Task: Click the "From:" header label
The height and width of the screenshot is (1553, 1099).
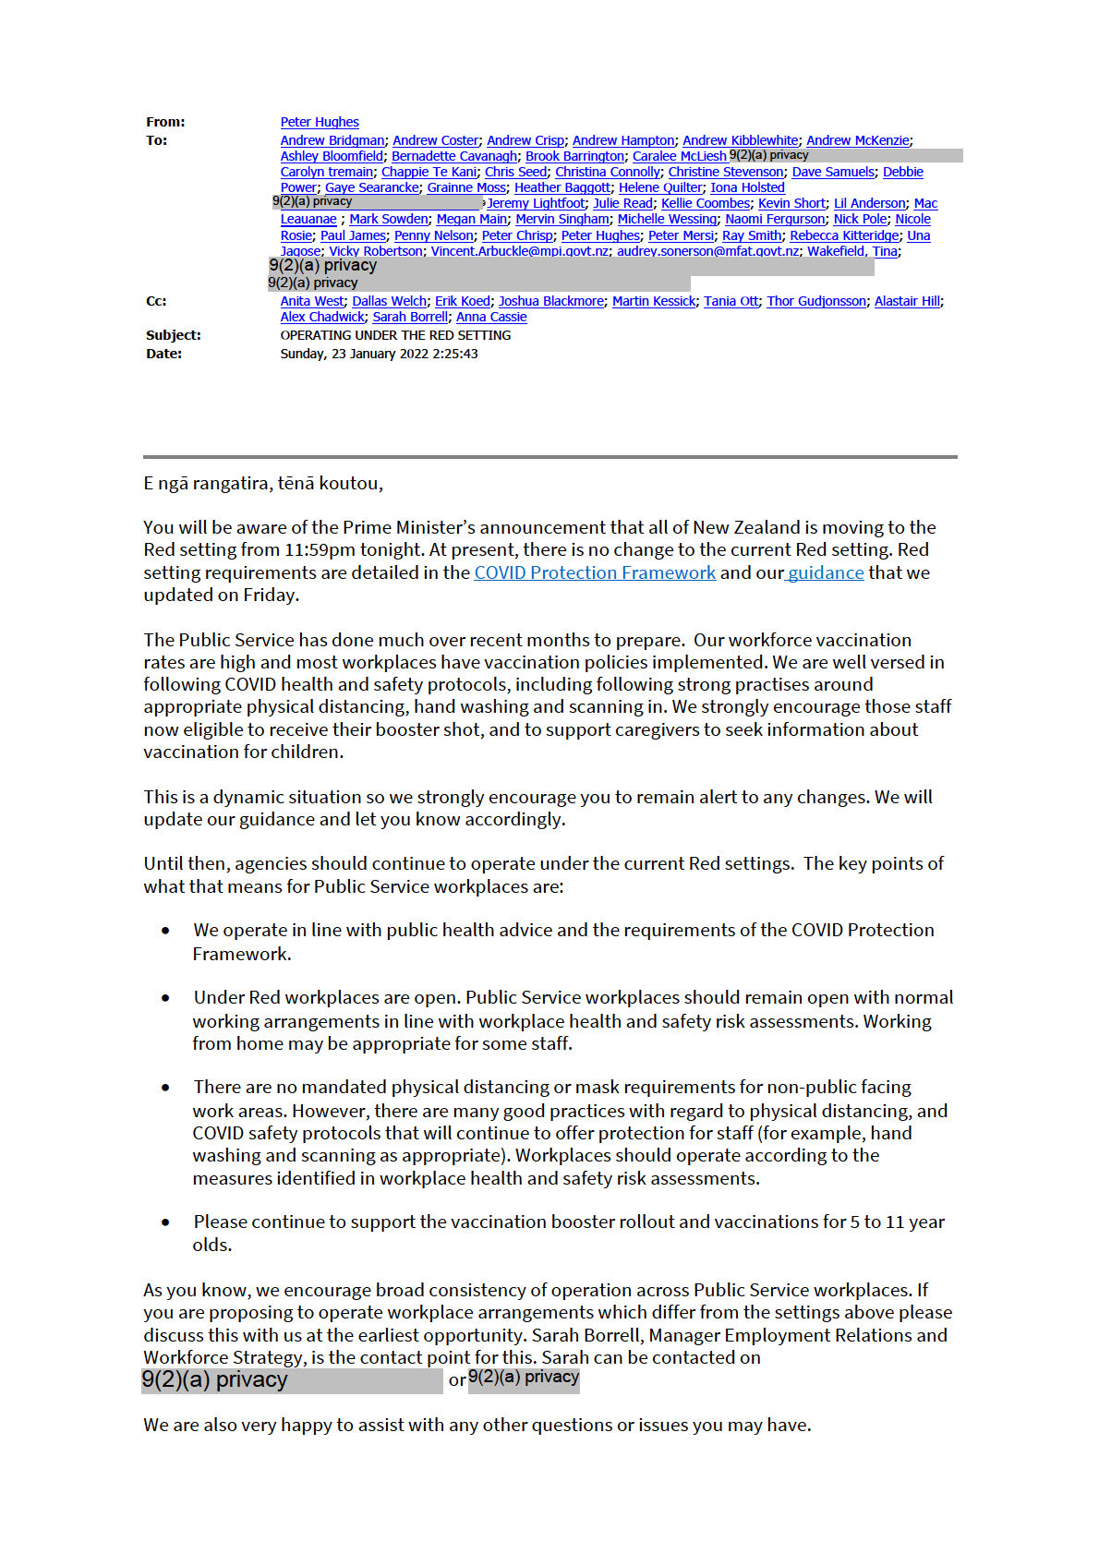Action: coord(165,122)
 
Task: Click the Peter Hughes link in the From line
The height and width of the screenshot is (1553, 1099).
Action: coord(320,122)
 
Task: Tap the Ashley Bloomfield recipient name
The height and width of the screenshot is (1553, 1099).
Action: coord(332,156)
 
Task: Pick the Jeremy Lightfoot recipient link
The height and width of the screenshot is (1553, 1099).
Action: coord(537,203)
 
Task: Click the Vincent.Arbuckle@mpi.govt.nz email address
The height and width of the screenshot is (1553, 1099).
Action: coord(520,251)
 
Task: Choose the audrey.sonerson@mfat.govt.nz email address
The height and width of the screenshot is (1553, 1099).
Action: coord(707,251)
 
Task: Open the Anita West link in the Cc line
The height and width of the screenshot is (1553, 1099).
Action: coord(311,301)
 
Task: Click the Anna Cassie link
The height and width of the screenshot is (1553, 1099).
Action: coord(491,317)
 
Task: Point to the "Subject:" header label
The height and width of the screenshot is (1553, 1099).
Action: coord(174,335)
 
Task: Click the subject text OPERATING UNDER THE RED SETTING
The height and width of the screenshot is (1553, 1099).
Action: coord(395,335)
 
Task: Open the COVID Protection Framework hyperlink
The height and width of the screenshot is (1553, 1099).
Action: coord(595,572)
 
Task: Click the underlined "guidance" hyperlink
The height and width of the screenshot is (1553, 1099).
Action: coord(826,572)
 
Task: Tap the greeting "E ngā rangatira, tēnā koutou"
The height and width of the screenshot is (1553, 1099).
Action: coord(262,483)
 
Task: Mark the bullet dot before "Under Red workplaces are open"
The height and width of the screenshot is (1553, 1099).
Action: coord(166,998)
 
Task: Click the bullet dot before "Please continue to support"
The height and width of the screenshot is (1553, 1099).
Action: coord(166,1222)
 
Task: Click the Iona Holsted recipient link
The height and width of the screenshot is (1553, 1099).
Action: coord(747,187)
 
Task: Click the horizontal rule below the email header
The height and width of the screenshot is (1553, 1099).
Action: coord(549,456)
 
